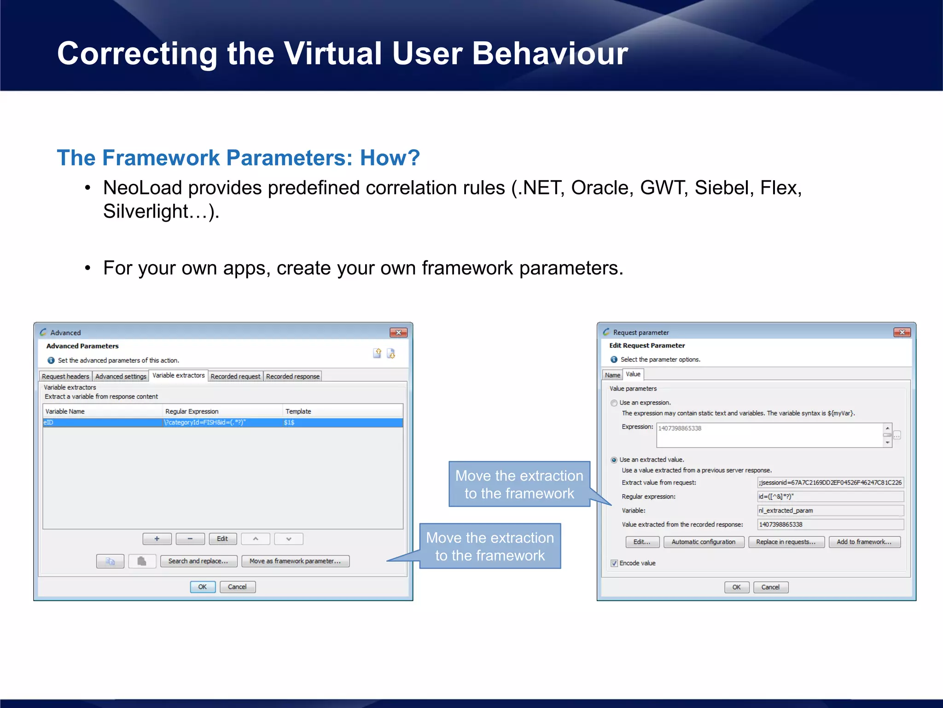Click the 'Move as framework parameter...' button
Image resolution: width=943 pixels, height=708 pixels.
point(295,561)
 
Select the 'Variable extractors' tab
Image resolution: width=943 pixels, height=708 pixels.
point(178,376)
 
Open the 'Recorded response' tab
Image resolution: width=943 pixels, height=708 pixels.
point(292,377)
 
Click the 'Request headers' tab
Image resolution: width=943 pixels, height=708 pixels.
point(65,377)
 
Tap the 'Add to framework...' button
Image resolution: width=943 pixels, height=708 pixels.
point(864,542)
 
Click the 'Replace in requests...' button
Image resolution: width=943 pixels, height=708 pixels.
point(786,542)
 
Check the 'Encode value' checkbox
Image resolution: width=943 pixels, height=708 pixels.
point(614,563)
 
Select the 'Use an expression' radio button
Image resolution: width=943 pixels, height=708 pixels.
point(614,403)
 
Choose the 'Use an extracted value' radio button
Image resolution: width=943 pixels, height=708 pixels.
point(614,460)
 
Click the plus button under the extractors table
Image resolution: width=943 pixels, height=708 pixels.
point(157,539)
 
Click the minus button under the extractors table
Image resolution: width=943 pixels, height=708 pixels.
point(190,539)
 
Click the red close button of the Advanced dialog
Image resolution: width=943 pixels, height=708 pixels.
point(398,332)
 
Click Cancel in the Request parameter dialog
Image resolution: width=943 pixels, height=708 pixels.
point(770,587)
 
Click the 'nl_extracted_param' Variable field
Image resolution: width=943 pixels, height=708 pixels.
point(830,511)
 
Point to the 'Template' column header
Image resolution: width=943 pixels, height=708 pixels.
point(298,411)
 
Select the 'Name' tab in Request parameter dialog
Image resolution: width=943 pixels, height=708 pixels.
point(612,375)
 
